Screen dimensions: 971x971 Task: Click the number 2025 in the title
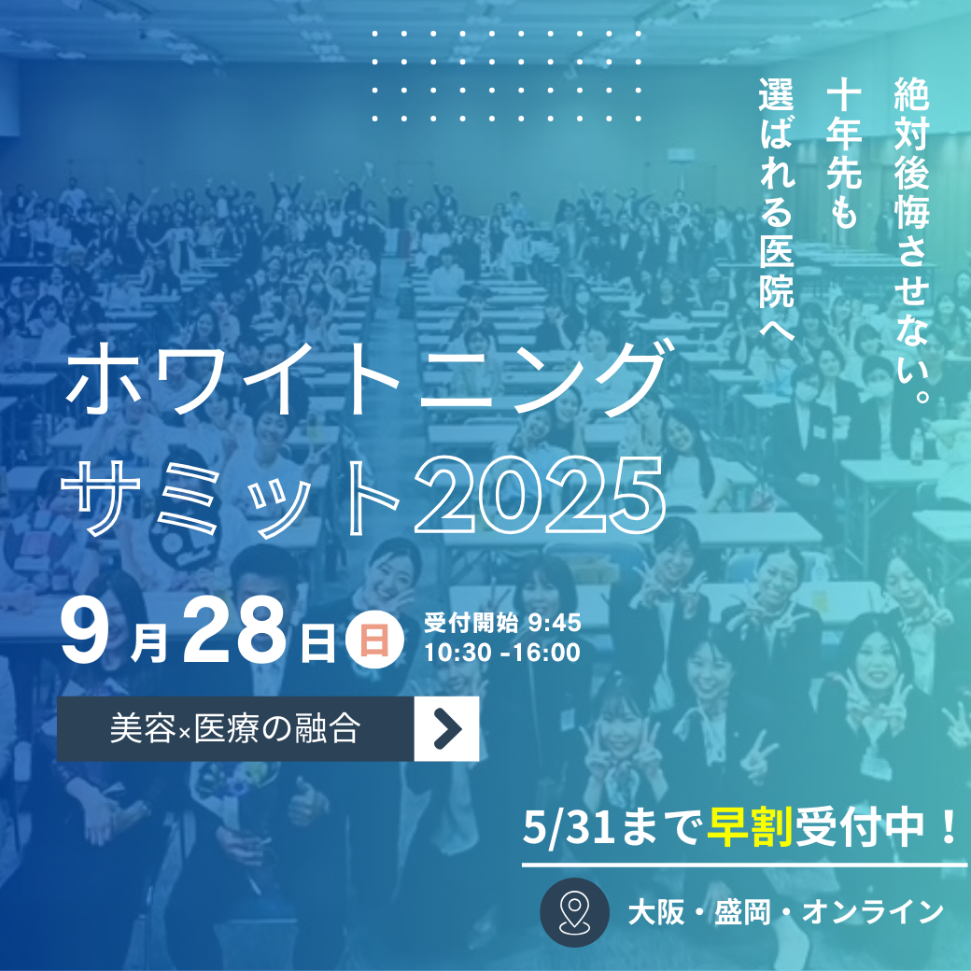(x=540, y=495)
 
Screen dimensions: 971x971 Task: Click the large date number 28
(x=234, y=633)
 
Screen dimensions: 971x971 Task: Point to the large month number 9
(x=86, y=633)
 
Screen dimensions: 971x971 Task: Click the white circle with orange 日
(x=374, y=639)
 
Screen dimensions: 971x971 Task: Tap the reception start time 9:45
(x=555, y=623)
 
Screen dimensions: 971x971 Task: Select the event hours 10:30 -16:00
(x=501, y=653)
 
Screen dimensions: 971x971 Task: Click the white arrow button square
(x=446, y=729)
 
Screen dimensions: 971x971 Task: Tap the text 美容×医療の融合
(x=235, y=729)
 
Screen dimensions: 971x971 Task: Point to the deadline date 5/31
(x=569, y=827)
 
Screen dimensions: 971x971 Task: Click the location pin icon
(x=575, y=912)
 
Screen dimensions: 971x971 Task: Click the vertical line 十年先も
(x=843, y=155)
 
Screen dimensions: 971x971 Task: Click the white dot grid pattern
(x=506, y=76)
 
